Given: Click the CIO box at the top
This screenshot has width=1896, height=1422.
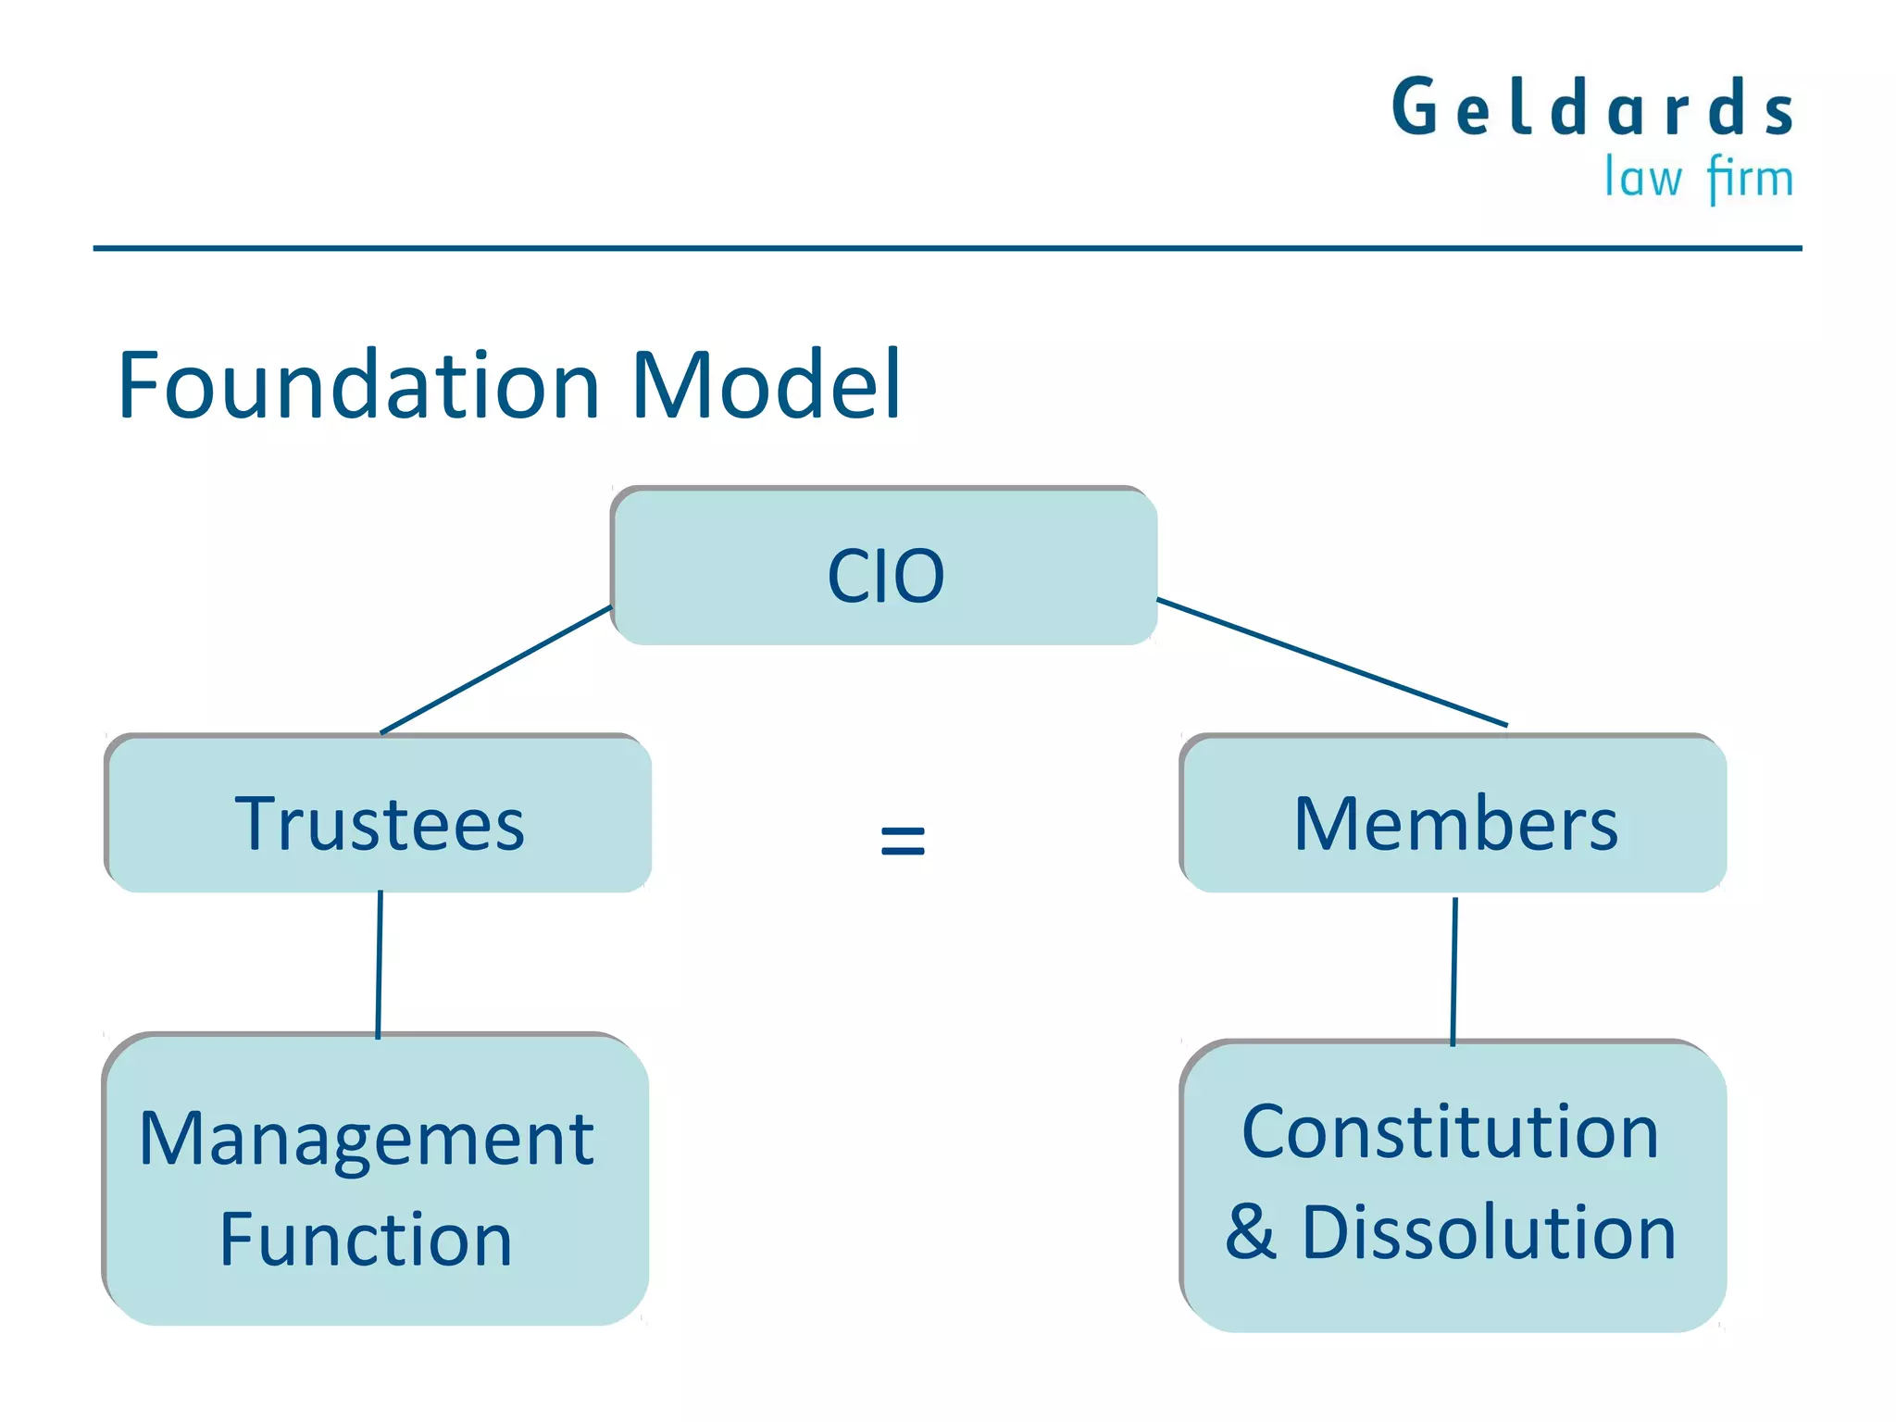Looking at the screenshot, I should tap(884, 567).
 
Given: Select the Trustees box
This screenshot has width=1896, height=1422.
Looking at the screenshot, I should tap(379, 815).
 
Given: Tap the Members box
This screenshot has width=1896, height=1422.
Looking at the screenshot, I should tap(1453, 815).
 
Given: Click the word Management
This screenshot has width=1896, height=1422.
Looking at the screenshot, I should tap(367, 1139).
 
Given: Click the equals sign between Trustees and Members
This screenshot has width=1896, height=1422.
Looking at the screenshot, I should tap(903, 841).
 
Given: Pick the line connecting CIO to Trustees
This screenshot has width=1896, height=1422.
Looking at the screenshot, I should tap(496, 669).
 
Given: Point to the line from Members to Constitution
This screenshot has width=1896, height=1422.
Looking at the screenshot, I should tap(1453, 970).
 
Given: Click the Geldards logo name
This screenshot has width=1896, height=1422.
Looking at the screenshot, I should tap(1592, 108).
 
